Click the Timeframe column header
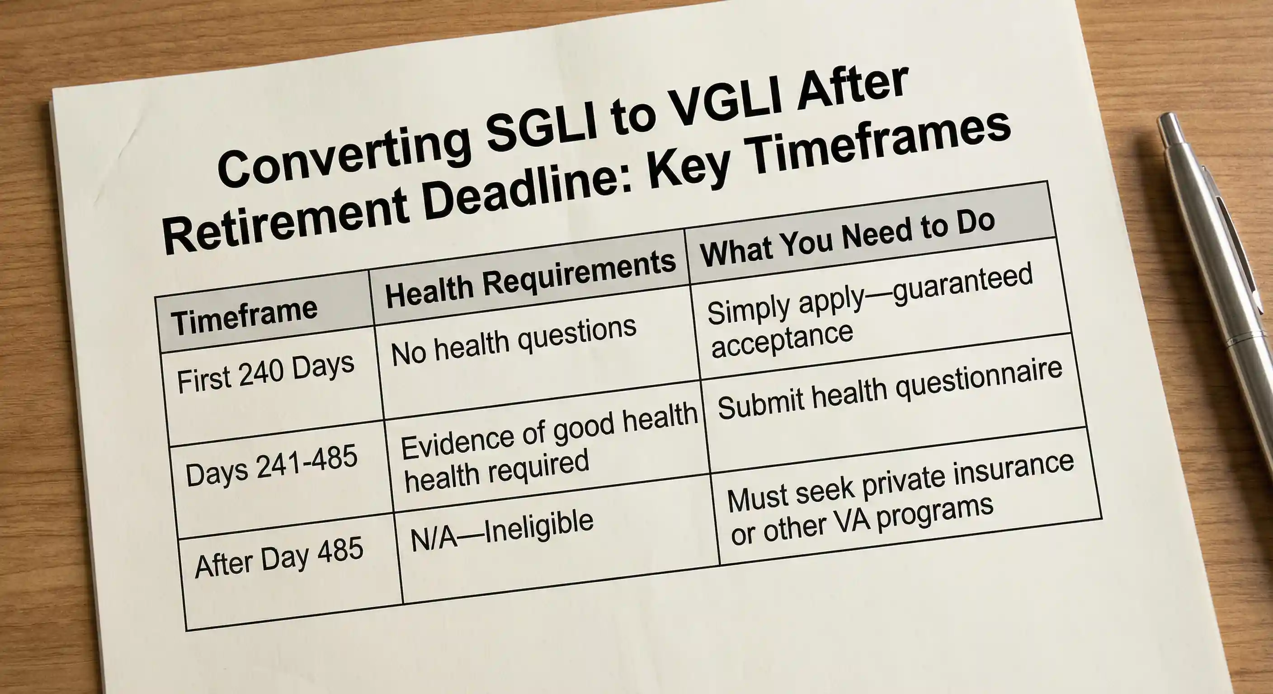[x=245, y=316]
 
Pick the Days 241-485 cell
[x=271, y=464]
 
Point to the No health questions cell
[x=514, y=341]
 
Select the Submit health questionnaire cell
[x=890, y=390]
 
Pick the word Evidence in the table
[x=457, y=440]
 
